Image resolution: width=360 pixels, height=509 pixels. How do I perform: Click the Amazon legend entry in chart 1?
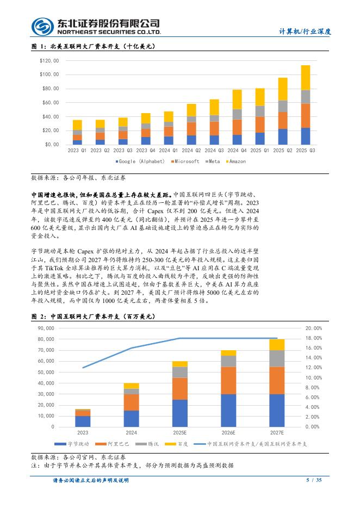pos(237,162)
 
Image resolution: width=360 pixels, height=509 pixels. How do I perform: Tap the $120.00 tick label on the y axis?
pos(49,60)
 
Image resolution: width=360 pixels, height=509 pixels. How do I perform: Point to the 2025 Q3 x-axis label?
pos(306,150)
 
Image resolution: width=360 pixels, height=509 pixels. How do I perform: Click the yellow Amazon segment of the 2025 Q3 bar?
pos(306,77)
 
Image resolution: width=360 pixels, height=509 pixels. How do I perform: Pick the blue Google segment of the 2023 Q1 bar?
pos(77,142)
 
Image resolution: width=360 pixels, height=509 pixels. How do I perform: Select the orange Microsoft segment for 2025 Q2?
pos(283,120)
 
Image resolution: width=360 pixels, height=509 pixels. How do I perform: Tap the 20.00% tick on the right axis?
pos(314,328)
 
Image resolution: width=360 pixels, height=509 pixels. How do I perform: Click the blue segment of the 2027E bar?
pos(277,410)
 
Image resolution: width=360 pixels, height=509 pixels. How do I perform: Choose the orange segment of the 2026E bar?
pos(229,380)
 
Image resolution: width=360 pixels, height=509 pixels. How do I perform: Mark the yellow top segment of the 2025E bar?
pos(180,364)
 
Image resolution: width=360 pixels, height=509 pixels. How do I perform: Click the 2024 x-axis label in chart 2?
pos(131,433)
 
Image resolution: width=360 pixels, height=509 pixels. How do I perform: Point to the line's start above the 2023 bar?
pos(83,368)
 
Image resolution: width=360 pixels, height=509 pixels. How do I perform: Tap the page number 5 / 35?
pos(314,480)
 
